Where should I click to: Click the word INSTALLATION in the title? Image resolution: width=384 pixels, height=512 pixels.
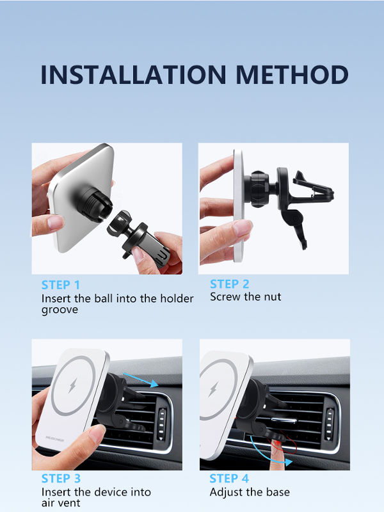coord(133,74)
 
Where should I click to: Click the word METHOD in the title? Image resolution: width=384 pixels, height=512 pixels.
coord(292,74)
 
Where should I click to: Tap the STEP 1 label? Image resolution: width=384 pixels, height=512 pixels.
coord(61,285)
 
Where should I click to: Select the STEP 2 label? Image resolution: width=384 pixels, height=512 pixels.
coord(230,284)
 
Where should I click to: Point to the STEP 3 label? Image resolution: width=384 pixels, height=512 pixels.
coord(61,478)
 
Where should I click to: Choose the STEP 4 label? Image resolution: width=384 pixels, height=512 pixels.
coord(229,478)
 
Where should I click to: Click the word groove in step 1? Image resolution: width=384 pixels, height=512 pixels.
coord(60,310)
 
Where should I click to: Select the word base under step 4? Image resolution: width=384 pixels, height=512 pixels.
coord(278,492)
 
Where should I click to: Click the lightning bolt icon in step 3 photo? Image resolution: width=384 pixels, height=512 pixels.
coord(73,386)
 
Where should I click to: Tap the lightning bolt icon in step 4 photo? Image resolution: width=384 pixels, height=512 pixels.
coord(214,389)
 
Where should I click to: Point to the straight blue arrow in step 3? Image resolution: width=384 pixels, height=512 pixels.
coord(141,380)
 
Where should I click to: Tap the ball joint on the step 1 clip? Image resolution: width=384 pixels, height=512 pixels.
coord(118,222)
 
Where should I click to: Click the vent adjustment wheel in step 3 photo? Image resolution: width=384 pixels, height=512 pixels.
coord(162,424)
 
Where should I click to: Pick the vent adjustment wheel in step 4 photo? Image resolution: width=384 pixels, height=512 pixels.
coord(330,424)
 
